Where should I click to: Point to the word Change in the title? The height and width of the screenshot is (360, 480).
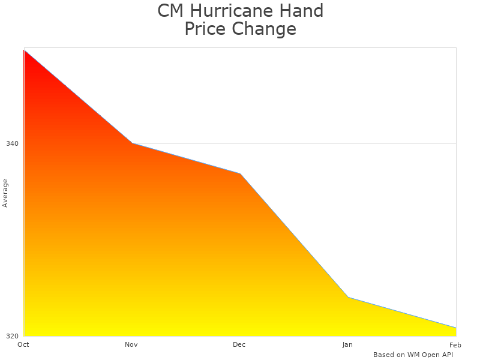265,29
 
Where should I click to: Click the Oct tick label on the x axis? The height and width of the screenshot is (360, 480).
23,344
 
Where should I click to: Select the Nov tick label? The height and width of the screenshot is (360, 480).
131,344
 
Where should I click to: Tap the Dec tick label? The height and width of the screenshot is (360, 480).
239,344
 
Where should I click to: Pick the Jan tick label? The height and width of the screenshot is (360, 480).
347,344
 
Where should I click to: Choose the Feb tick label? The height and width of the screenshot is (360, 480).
455,344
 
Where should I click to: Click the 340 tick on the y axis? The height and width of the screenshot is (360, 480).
12,143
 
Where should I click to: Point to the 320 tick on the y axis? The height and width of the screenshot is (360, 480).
12,336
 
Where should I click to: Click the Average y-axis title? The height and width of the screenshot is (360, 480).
5,193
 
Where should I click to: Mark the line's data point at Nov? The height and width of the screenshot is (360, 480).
132,143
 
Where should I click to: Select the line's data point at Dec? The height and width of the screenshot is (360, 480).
240,173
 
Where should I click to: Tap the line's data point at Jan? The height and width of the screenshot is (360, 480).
348,297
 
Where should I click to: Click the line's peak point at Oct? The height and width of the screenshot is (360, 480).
24,50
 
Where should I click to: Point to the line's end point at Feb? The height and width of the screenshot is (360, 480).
456,328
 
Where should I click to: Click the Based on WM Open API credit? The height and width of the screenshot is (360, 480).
413,355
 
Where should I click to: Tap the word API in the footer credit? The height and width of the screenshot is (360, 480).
446,355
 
